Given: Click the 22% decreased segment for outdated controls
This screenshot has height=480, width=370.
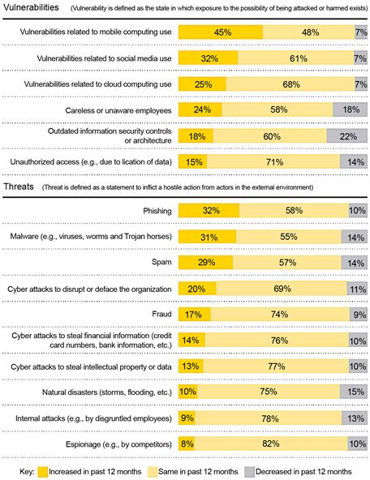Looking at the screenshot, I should pos(346,137).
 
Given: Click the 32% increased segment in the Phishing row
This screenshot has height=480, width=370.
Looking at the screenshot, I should pos(209,211).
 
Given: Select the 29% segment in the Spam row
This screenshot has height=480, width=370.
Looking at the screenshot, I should pos(205,263).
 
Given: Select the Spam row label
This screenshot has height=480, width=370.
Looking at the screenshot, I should pos(157,263).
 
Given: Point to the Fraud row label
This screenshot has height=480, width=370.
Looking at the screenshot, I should pos(158,315).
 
